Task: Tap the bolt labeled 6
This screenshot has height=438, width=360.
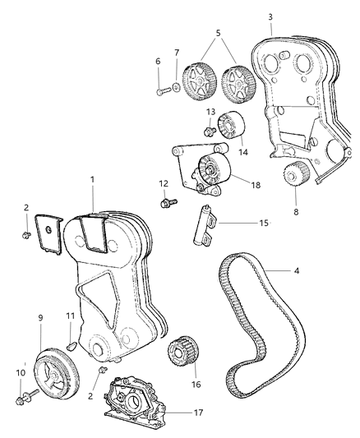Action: click(161, 90)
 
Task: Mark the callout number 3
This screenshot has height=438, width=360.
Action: click(270, 16)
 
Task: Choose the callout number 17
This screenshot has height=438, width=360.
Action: click(194, 413)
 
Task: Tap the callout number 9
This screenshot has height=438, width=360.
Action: click(39, 316)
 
